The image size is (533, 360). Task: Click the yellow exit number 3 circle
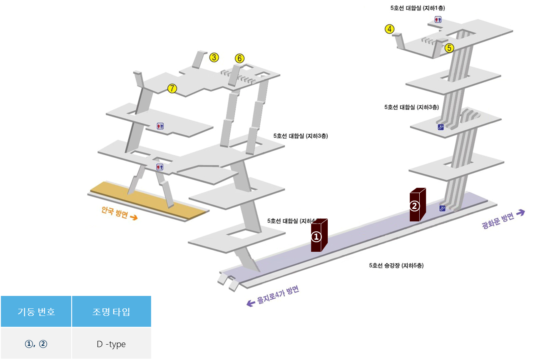coord(214,57)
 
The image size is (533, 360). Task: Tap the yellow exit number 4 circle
coord(389,29)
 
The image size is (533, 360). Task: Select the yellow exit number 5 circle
coord(449,48)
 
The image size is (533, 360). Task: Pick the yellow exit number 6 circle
coord(239,59)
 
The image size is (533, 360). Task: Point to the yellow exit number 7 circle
coord(172,88)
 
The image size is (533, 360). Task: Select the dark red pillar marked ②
coord(417,205)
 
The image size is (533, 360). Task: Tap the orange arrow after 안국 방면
coord(134,218)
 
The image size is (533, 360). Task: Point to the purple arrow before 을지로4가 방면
coord(251,303)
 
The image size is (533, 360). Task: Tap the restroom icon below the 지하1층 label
coord(438,19)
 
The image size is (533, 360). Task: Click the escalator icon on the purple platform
coord(442,208)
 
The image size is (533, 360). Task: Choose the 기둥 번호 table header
coord(36,312)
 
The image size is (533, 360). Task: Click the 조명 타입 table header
coord(111,312)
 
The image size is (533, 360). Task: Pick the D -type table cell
coord(111,344)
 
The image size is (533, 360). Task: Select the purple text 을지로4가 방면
coord(278,295)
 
